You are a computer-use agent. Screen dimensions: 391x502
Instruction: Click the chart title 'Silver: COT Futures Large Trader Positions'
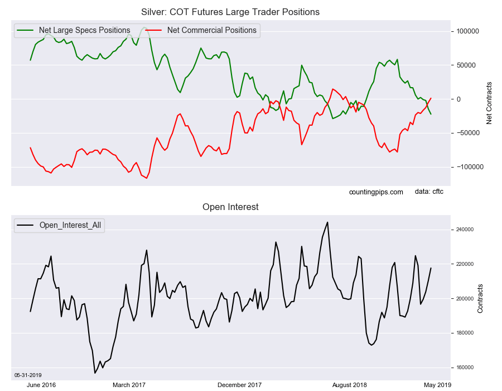[230, 12]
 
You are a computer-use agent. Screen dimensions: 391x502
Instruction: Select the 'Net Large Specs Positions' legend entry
[84, 30]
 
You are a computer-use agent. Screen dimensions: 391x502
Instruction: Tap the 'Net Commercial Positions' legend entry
[211, 30]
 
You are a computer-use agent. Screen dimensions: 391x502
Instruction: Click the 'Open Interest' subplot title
[230, 207]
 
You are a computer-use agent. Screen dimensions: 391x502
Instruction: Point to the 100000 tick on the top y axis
[467, 31]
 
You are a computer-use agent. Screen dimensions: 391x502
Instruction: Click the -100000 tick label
[468, 167]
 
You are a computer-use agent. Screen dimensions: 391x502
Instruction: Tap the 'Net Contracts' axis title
[489, 103]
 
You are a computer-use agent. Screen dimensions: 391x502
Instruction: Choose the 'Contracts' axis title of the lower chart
[480, 298]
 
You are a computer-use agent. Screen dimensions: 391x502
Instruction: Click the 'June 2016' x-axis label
[41, 385]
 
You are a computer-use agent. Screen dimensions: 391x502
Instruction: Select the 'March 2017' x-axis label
[129, 385]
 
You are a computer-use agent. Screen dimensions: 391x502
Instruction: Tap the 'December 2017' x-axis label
[239, 385]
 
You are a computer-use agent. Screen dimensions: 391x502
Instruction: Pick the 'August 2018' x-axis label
[349, 385]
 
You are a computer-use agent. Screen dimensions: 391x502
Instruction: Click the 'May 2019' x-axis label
[437, 385]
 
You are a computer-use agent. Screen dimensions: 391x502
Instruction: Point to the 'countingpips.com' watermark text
[376, 192]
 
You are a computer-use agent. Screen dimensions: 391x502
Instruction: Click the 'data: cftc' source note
[429, 192]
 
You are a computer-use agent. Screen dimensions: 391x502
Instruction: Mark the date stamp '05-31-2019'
[28, 375]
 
